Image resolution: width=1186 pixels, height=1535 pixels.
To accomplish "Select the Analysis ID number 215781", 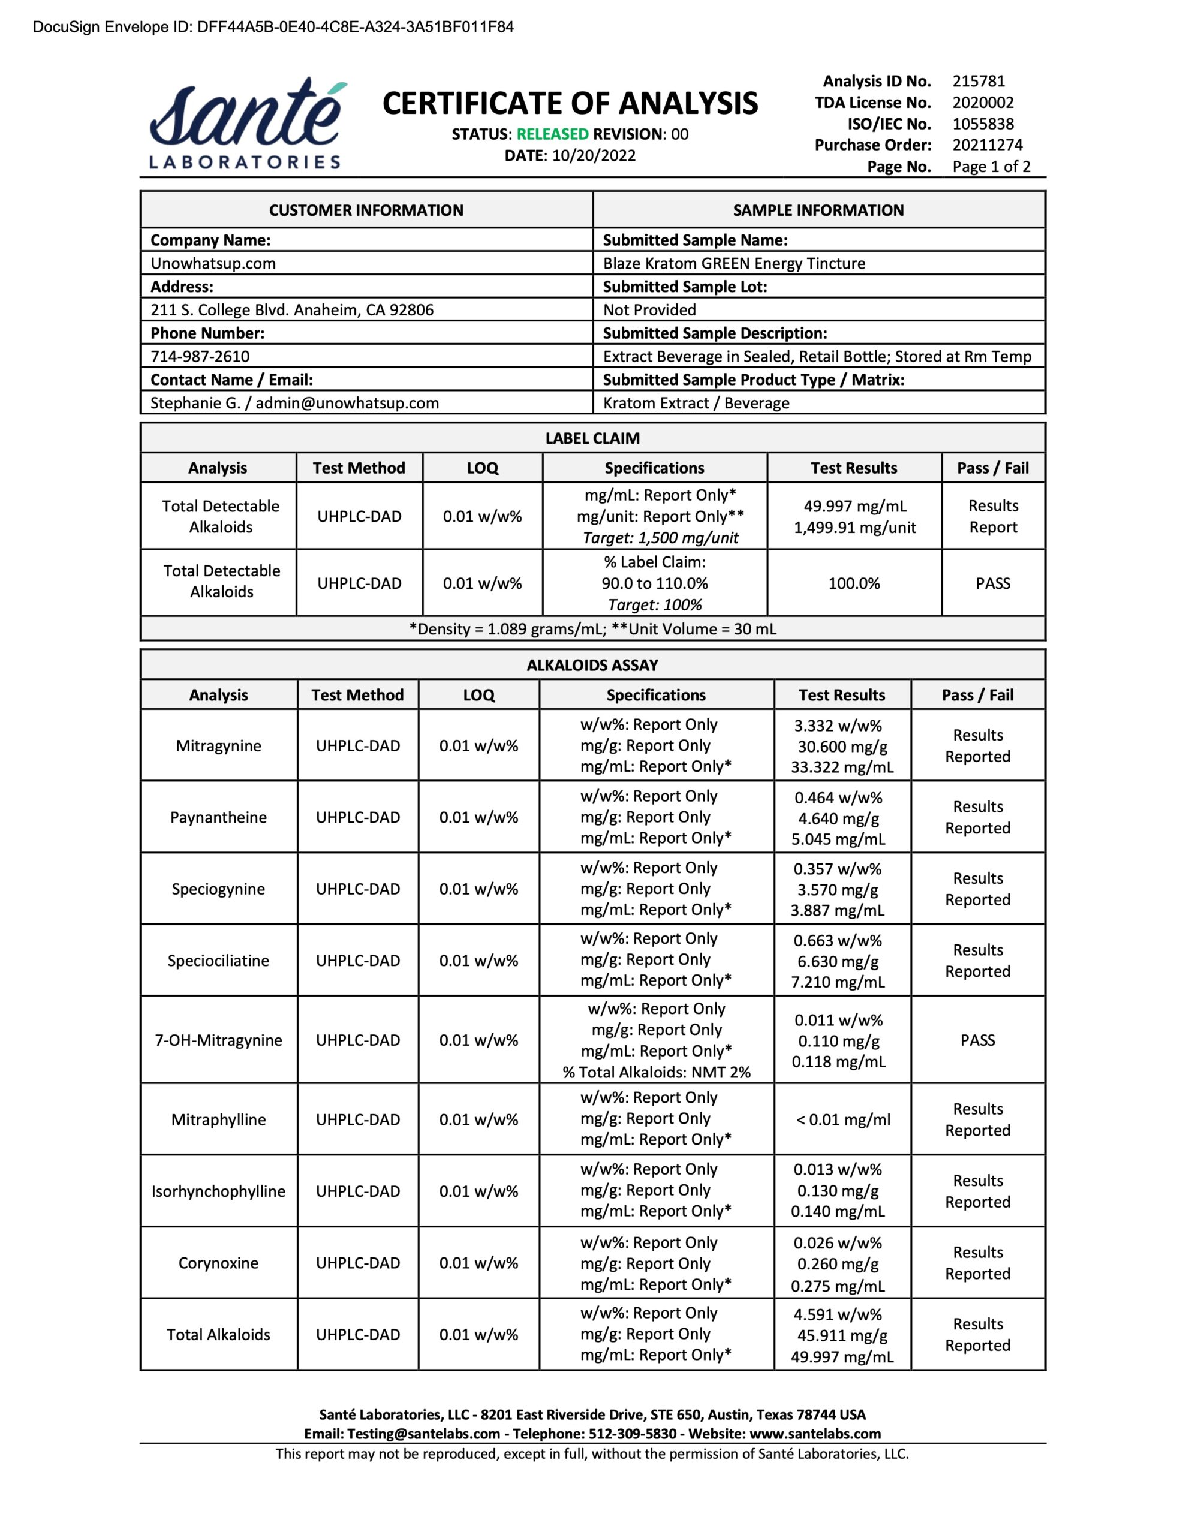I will tap(978, 82).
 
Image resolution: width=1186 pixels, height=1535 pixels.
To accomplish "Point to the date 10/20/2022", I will tap(594, 156).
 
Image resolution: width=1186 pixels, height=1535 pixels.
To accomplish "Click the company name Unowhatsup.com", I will tap(213, 264).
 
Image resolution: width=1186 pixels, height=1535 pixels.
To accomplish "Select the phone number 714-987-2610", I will tap(200, 356).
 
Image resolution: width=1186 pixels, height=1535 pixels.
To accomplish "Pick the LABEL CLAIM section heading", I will tap(592, 438).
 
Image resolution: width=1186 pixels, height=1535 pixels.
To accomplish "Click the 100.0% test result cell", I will tap(853, 583).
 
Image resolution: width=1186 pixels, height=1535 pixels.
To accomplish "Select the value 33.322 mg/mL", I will tap(841, 767).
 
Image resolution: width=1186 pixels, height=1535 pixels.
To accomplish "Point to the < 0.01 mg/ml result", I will tap(842, 1119).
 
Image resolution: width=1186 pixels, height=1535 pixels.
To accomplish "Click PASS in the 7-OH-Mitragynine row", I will tap(977, 1040).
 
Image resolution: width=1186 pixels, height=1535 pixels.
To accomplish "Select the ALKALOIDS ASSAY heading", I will tap(592, 666).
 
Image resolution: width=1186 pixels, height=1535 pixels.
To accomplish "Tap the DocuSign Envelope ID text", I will tap(273, 28).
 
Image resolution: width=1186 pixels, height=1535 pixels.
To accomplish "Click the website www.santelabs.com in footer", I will tap(815, 1434).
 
